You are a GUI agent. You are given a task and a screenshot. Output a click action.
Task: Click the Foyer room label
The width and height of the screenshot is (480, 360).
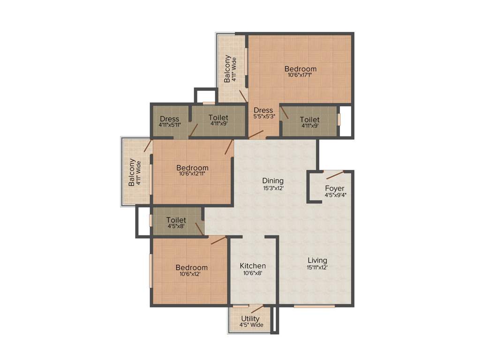(x=335, y=188)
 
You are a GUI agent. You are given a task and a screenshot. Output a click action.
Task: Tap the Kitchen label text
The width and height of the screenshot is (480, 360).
(x=253, y=266)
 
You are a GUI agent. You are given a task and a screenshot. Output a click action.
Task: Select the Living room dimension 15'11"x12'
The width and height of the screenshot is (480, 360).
(x=317, y=268)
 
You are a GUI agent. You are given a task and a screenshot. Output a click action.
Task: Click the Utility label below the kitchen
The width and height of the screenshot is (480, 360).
(x=250, y=319)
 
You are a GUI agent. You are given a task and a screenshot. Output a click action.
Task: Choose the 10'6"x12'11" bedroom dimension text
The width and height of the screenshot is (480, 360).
(x=192, y=174)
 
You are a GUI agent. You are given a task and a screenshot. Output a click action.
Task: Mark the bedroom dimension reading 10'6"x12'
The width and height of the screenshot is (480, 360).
(x=191, y=274)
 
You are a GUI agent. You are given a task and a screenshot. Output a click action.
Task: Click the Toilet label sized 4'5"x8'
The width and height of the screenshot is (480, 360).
(x=176, y=220)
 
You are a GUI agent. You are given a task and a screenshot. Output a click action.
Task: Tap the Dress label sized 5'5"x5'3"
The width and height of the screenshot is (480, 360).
(x=263, y=111)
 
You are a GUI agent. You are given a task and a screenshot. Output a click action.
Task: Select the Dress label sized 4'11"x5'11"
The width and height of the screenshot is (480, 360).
(x=169, y=119)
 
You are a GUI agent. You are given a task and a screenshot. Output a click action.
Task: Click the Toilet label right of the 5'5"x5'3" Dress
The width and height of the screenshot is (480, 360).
(x=310, y=120)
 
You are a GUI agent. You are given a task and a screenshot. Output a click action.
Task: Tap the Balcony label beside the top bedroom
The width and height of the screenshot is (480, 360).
(x=227, y=69)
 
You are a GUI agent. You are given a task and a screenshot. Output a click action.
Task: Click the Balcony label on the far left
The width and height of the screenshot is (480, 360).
(x=132, y=172)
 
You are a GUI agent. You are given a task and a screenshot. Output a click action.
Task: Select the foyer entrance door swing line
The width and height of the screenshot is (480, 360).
(x=335, y=175)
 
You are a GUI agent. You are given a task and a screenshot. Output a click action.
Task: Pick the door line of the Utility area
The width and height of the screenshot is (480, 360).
(x=257, y=309)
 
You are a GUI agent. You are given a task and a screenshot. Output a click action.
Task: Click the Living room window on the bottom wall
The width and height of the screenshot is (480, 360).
(x=314, y=306)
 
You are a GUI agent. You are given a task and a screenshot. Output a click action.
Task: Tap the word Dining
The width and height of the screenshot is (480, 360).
(x=273, y=181)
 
